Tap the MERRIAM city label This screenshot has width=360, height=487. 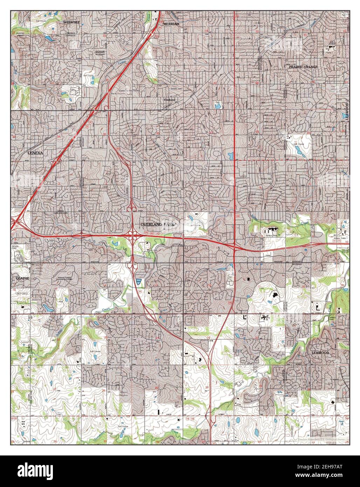click(171, 24)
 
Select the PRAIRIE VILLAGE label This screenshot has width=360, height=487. click(303, 67)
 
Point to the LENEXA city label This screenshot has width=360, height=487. click(35, 153)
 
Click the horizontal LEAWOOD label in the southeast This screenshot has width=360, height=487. click(320, 353)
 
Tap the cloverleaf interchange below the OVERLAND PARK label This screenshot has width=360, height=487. click(134, 236)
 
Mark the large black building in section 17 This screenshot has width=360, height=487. click(274, 296)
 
